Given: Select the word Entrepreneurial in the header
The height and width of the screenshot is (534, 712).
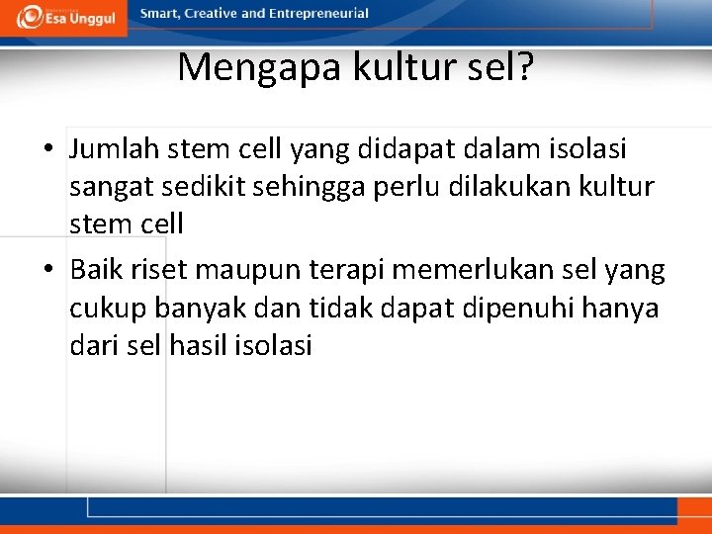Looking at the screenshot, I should (x=317, y=14).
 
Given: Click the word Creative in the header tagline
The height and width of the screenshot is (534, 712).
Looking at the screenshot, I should (x=212, y=14).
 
